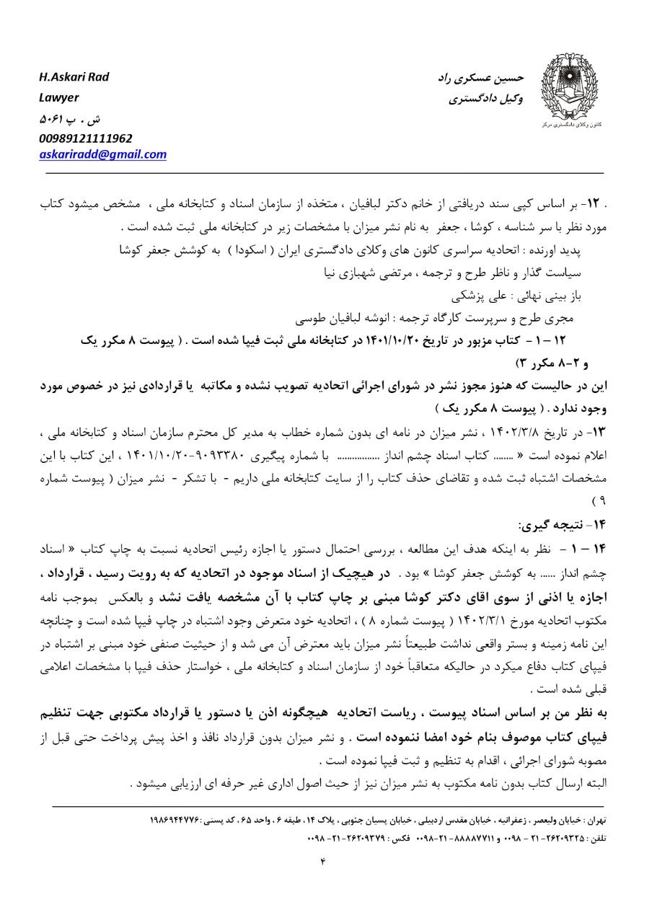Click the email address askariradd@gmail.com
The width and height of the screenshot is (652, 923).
coord(103,154)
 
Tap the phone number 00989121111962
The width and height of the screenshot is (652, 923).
coord(86,138)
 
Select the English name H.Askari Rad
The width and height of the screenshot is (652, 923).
coord(74,77)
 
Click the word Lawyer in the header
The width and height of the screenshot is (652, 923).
coord(59,97)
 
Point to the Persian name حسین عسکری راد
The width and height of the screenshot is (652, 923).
coord(481,77)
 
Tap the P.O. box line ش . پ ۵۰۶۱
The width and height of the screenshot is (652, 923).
coord(63,118)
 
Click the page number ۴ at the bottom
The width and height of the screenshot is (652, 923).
coord(323,860)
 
